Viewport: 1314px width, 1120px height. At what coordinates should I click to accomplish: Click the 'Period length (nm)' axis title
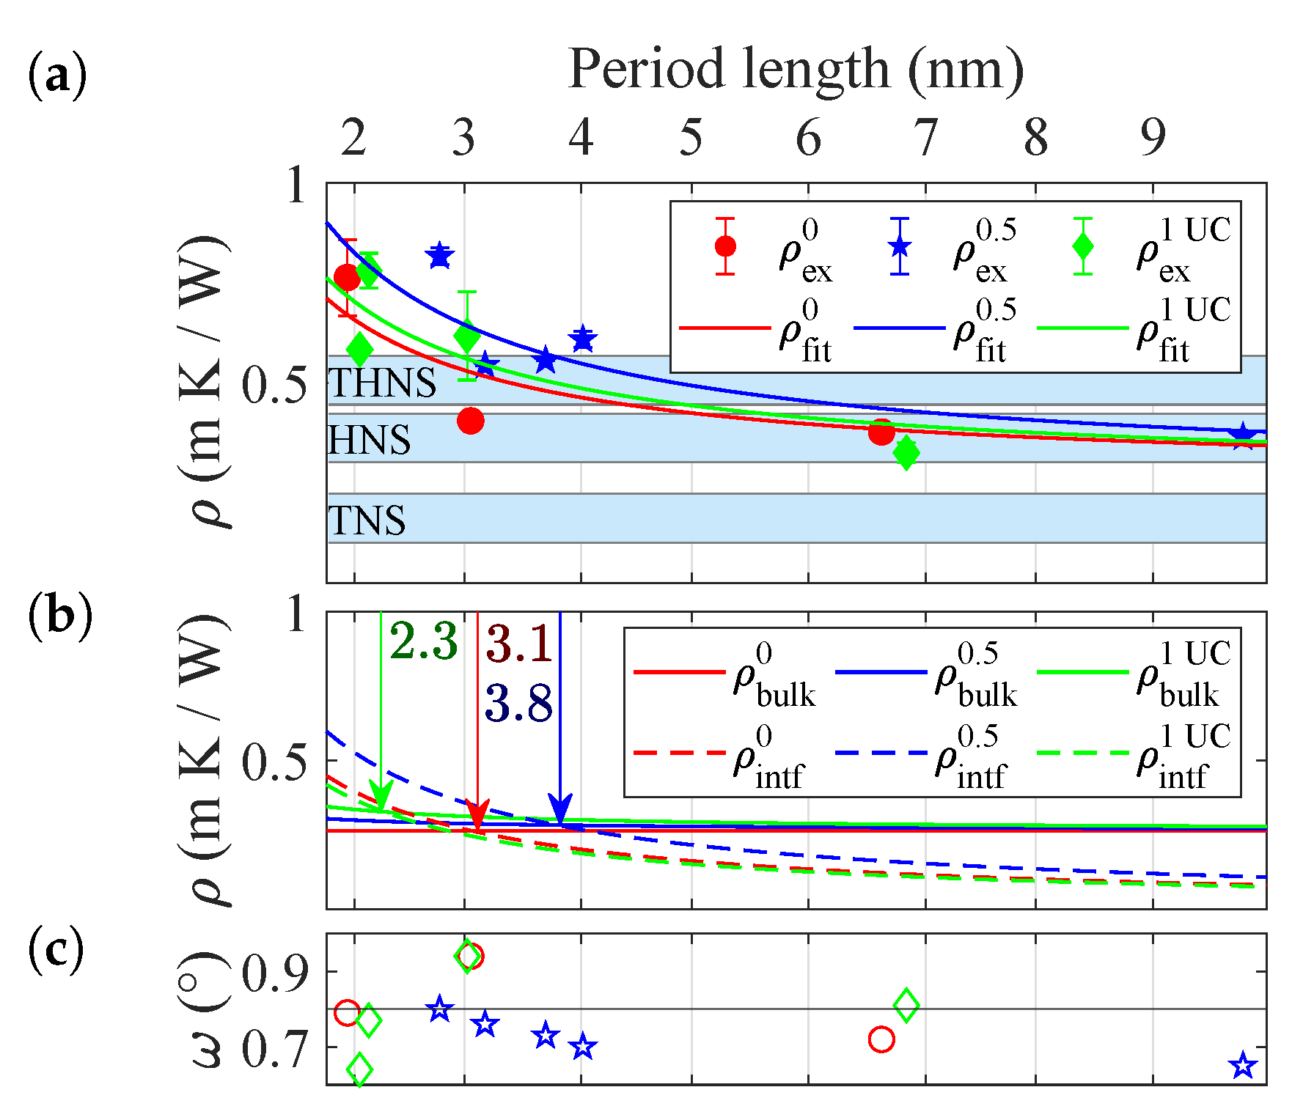pos(796,70)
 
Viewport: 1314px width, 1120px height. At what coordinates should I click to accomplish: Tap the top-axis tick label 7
pos(925,137)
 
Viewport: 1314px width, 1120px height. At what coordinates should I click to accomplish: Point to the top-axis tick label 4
pos(581,137)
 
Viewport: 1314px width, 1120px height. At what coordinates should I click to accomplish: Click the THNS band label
pos(382,383)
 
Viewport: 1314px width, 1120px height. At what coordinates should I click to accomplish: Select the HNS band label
pos(369,440)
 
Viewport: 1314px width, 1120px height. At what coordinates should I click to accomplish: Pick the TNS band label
pos(367,520)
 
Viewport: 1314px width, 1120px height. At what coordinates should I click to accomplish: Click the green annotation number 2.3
pos(424,641)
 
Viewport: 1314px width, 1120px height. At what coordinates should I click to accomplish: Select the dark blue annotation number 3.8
pos(519,704)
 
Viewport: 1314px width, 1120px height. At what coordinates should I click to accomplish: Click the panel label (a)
pos(57,75)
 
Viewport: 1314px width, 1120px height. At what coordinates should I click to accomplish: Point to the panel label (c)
pos(56,951)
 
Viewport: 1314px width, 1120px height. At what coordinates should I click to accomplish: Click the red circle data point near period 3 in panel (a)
pos(471,421)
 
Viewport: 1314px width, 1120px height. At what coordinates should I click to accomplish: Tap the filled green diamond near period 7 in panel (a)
pos(906,452)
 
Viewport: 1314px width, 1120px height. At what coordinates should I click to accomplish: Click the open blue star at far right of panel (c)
pos(1243,1066)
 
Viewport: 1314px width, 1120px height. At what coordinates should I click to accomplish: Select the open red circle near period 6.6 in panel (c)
pos(881,1039)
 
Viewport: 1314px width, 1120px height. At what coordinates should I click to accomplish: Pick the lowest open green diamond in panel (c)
pos(359,1069)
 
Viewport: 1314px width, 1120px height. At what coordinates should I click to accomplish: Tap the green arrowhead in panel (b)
pos(381,796)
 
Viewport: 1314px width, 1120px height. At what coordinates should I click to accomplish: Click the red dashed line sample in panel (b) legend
pos(678,753)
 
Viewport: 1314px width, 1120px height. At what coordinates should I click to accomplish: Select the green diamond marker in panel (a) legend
pos(1083,247)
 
